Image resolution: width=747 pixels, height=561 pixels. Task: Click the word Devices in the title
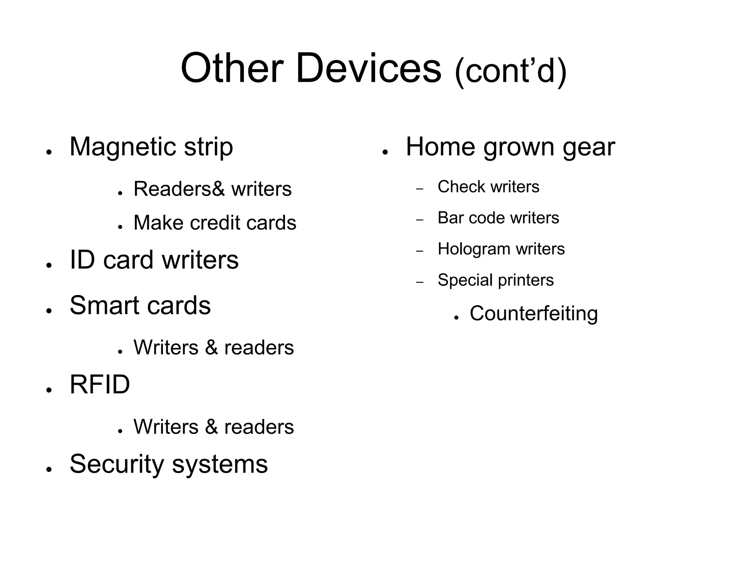click(368, 68)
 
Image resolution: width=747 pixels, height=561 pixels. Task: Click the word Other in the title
click(232, 68)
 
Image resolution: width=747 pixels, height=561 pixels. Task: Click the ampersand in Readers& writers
click(218, 189)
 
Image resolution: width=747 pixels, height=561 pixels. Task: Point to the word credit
click(215, 223)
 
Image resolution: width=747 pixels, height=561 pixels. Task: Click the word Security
click(116, 464)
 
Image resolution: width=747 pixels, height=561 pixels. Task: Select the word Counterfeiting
click(534, 314)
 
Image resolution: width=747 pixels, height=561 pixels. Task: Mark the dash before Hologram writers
click(420, 251)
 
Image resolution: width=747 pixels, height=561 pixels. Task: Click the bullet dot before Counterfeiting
click(456, 318)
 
